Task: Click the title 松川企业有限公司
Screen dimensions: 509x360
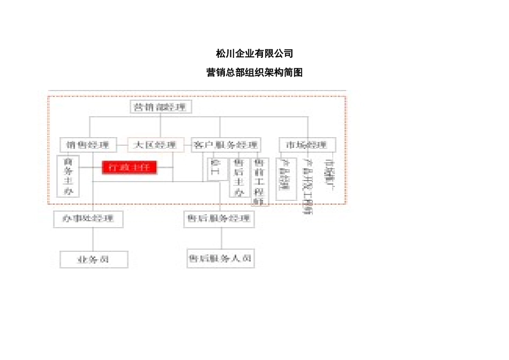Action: (x=254, y=54)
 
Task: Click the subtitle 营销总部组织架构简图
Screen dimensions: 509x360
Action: (x=254, y=72)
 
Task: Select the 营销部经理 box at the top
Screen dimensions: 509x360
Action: (x=161, y=107)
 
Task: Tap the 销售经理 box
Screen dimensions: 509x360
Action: (x=88, y=145)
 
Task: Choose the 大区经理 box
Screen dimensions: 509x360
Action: (x=155, y=145)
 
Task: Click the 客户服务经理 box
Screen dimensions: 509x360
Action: (x=226, y=145)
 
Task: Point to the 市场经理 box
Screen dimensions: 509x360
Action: (x=307, y=145)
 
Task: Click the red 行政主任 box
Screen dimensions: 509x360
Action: (x=130, y=167)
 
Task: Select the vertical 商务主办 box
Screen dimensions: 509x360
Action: (x=68, y=176)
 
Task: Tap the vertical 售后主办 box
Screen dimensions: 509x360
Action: (x=239, y=177)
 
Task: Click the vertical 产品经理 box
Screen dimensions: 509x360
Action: (x=286, y=178)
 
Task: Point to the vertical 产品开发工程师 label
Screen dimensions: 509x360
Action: (x=308, y=185)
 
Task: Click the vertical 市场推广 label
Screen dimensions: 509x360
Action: (x=330, y=171)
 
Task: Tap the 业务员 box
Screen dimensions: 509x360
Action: (x=94, y=259)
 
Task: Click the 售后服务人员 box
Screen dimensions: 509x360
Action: (x=220, y=258)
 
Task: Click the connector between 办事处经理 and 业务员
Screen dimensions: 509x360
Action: (x=94, y=239)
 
